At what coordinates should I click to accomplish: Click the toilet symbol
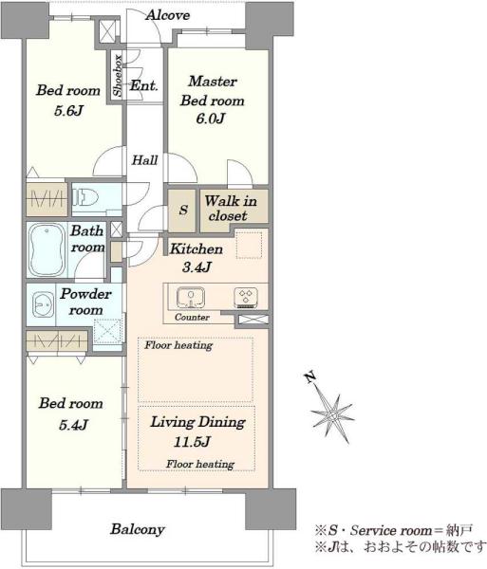[85, 198]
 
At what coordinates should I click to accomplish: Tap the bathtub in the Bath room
[47, 249]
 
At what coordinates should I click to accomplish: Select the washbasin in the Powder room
[40, 304]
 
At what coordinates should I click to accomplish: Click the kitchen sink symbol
[190, 297]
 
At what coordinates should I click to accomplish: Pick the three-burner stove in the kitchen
[246, 297]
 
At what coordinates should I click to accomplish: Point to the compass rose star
[332, 413]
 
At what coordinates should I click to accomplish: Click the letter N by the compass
[309, 377]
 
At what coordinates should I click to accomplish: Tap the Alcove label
[168, 15]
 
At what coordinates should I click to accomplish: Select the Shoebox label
[118, 76]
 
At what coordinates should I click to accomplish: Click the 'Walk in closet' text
[231, 209]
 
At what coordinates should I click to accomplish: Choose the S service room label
[184, 210]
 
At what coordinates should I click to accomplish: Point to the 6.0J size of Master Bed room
[210, 119]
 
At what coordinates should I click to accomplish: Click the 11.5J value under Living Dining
[192, 442]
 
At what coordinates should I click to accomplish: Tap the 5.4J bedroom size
[73, 425]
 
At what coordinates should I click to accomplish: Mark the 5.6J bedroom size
[68, 111]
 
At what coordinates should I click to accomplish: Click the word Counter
[192, 317]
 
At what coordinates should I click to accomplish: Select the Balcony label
[138, 529]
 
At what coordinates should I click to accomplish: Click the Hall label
[144, 160]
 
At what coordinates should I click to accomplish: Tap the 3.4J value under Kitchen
[197, 267]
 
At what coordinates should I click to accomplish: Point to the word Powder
[85, 294]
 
